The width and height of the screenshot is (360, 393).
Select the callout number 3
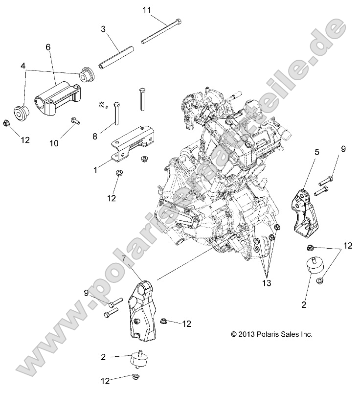[103, 29]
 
